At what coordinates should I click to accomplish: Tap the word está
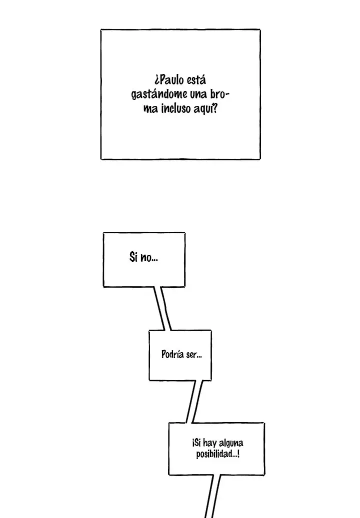coord(196,80)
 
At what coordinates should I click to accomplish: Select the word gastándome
coord(159,95)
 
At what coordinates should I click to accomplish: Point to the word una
coord(198,94)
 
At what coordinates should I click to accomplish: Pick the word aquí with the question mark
coord(205,108)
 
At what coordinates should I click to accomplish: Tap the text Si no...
coord(143,257)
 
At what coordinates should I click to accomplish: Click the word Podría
coord(172,354)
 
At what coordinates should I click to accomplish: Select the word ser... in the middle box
coord(194,355)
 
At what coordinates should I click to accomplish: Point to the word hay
coord(209,443)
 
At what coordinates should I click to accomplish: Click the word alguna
coord(230,443)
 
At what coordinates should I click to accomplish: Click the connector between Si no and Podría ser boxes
coord(162,308)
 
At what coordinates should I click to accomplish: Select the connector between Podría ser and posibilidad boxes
coord(194,402)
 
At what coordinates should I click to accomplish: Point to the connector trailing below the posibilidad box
coord(212,496)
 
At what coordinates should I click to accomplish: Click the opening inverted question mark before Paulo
coord(156,81)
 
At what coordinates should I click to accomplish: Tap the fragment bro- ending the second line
coord(219,94)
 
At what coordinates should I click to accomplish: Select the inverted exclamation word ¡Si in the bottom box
coord(196,443)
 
